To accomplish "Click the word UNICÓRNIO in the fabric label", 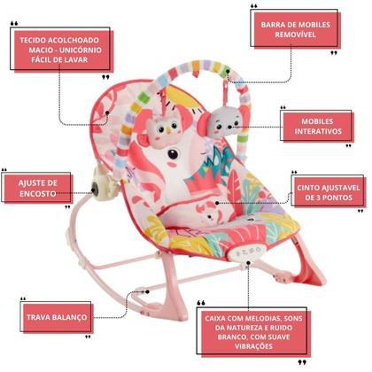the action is (81, 50).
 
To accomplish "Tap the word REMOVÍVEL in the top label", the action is (296, 35).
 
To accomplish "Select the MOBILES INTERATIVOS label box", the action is (318, 127).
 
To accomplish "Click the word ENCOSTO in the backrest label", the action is (37, 194).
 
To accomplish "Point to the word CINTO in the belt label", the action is (308, 188).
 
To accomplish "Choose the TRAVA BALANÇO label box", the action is (57, 317).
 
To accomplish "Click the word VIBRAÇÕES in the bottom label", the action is (254, 346).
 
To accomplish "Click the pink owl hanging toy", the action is (163, 128).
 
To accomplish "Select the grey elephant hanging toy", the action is (220, 123).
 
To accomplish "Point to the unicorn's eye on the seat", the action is (173, 154).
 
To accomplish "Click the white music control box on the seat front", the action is (248, 252).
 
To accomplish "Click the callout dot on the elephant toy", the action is (229, 127).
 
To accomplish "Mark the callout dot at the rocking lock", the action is (147, 291).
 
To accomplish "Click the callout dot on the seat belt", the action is (217, 203).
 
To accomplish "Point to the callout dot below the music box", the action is (249, 263).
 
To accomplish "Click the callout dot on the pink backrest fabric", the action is (107, 112).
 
